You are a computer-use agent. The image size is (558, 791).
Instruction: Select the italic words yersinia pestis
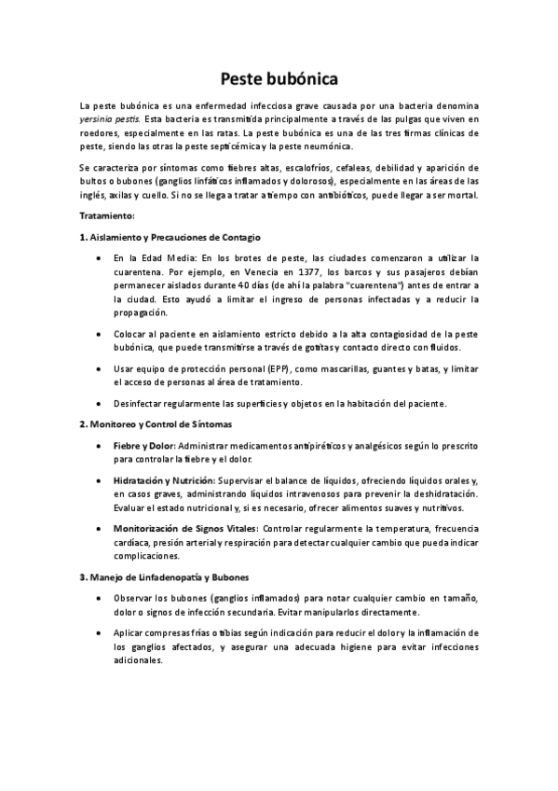110,120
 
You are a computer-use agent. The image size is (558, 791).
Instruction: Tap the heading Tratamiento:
107,215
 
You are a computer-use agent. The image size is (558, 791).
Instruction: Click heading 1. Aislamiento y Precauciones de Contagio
170,237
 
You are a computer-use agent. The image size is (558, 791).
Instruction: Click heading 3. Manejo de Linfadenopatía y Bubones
163,576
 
